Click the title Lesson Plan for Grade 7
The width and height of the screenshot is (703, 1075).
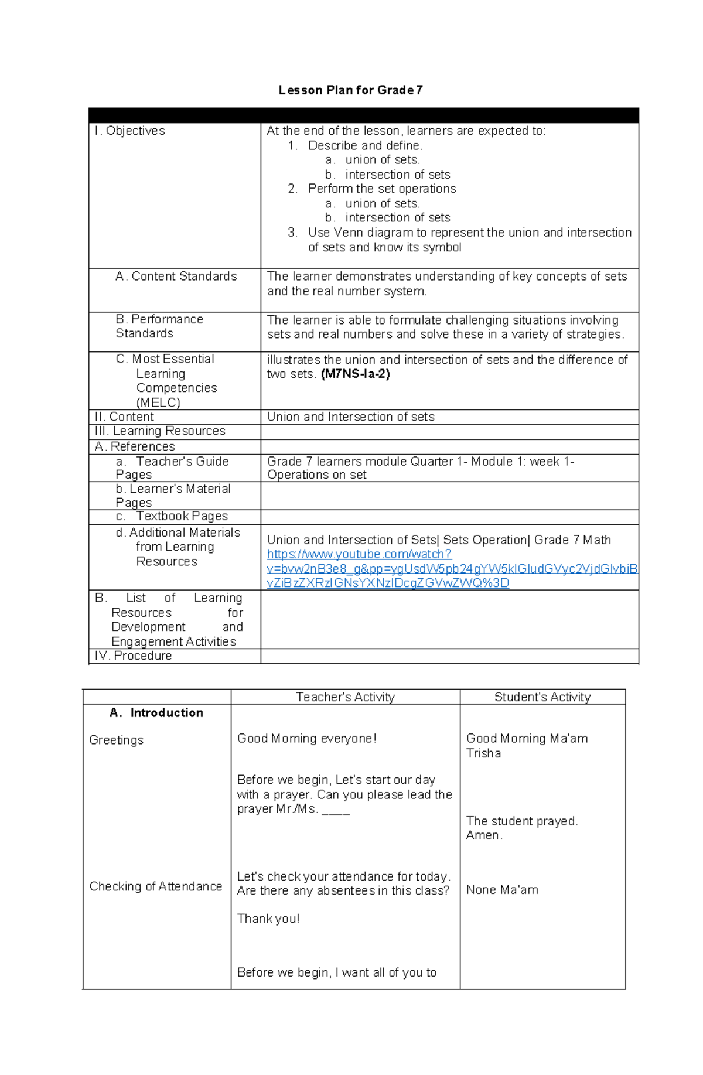click(x=350, y=90)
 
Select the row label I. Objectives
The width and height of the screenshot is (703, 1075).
click(x=129, y=131)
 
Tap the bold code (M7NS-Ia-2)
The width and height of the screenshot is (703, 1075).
click(x=355, y=374)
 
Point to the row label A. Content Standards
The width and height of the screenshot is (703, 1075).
click(x=176, y=276)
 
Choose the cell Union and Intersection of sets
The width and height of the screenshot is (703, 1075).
click(x=350, y=417)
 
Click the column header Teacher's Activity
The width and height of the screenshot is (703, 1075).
click(x=345, y=697)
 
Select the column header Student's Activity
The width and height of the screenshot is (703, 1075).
click(x=542, y=697)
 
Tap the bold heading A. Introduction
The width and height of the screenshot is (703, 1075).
click(x=156, y=712)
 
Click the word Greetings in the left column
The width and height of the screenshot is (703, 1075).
click(x=116, y=740)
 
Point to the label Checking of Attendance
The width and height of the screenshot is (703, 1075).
click(x=155, y=886)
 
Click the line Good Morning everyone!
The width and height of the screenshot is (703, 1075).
click(x=306, y=738)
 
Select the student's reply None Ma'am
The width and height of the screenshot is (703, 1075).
click(x=502, y=889)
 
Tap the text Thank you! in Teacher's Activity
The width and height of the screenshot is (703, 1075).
click(x=268, y=918)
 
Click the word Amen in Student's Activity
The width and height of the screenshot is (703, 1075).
click(x=483, y=835)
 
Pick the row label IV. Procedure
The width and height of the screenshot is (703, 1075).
click(x=133, y=656)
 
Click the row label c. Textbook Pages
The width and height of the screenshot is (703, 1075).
click(x=172, y=516)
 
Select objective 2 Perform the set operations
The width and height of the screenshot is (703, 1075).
click(x=381, y=189)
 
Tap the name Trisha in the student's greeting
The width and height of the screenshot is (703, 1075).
click(x=483, y=753)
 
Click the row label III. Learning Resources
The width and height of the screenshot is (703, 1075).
click(x=159, y=431)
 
